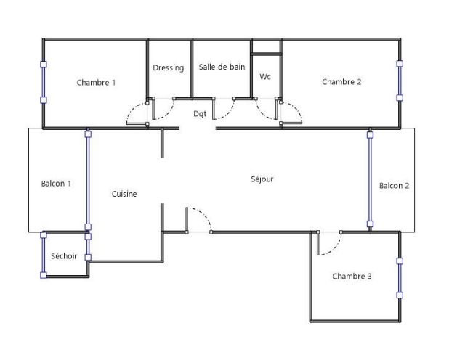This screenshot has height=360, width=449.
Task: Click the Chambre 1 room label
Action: click(96, 83)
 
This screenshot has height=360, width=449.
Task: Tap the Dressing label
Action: click(168, 67)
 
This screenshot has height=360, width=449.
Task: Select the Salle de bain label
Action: click(222, 67)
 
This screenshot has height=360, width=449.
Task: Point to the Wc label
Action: click(265, 77)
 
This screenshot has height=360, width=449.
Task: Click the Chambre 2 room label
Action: click(341, 82)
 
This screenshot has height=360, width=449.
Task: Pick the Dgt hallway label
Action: click(200, 114)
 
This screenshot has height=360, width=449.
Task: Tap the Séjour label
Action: click(262, 179)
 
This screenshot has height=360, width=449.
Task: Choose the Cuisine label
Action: click(124, 194)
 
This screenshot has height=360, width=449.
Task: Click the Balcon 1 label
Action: click(56, 184)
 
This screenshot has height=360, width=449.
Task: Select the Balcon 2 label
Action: click(394, 186)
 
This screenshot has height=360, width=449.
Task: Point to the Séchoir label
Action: click(64, 255)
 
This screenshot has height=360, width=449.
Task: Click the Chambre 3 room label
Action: click(352, 276)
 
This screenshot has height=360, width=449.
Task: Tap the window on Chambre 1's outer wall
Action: click(44, 82)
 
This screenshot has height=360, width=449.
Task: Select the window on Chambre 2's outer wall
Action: click(400, 81)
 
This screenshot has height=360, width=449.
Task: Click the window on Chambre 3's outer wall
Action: click(400, 278)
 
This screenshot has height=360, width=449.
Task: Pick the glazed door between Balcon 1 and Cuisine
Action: click(88, 180)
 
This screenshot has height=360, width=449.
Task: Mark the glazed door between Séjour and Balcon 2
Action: click(370, 179)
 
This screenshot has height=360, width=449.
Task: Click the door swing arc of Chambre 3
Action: click(335, 247)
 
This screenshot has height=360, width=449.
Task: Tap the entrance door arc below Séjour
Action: click(202, 214)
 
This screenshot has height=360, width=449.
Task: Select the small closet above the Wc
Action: click(266, 46)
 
